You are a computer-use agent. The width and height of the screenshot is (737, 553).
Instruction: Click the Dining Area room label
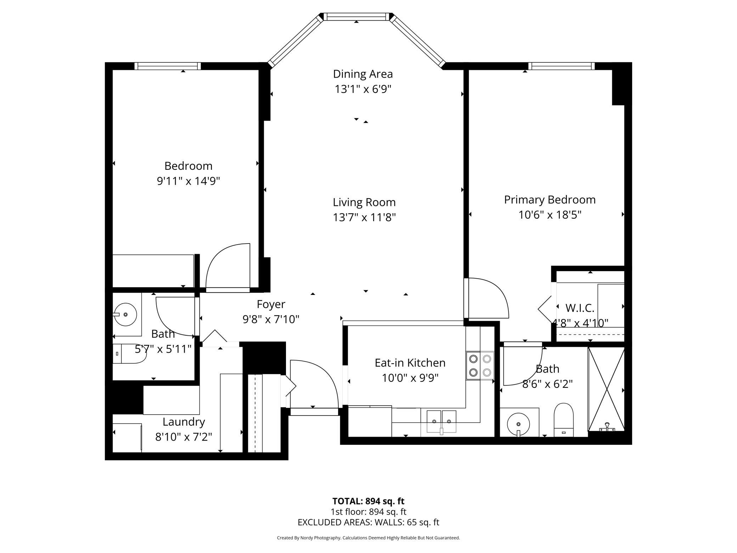[x=363, y=74]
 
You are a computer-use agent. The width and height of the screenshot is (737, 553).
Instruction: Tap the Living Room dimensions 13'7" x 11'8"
[x=364, y=217]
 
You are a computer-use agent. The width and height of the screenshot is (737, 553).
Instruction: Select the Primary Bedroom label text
[x=550, y=200]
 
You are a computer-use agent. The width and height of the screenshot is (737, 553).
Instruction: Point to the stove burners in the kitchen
[x=480, y=365]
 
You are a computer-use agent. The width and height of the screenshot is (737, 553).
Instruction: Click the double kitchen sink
[x=441, y=421]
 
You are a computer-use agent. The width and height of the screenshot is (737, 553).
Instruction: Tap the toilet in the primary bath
[x=563, y=420]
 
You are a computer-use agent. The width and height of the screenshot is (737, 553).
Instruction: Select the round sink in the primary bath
[x=518, y=424]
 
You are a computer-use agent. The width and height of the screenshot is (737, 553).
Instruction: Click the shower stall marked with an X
[x=606, y=389]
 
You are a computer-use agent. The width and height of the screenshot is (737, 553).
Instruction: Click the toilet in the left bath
[x=130, y=354]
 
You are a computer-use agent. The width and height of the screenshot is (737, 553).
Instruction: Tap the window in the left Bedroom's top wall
[x=168, y=66]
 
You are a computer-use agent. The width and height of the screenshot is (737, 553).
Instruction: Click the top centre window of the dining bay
[x=356, y=17]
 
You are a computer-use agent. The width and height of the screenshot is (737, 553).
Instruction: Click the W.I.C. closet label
[x=580, y=308]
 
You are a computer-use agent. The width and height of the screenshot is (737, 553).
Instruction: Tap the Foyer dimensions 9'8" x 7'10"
[x=271, y=319]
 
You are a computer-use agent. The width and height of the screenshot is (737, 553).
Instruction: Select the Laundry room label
[x=184, y=422]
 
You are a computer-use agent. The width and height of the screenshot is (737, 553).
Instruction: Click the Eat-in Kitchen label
[x=410, y=363]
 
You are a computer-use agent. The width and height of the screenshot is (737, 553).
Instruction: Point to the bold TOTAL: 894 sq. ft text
[x=368, y=501]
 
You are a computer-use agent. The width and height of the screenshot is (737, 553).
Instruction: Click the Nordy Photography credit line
[x=368, y=538]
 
